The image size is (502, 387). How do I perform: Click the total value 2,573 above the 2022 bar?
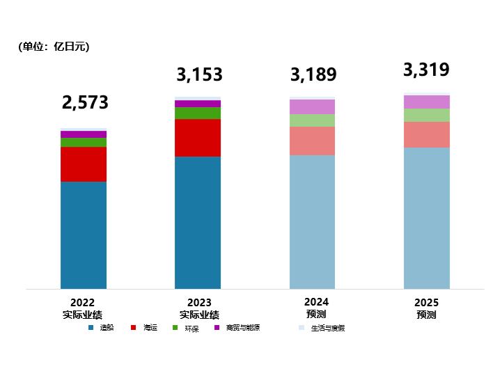point(85,103)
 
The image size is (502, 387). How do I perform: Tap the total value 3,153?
point(199,75)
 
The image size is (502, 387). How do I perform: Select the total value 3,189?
point(313,75)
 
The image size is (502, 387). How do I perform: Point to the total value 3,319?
point(426,70)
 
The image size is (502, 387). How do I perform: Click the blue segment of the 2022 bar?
point(84,235)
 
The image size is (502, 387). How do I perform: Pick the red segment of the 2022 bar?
point(84,164)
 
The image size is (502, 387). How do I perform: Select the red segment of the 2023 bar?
point(198,138)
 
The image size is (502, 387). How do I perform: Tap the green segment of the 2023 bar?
point(198,113)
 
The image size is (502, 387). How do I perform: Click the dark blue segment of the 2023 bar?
point(198,223)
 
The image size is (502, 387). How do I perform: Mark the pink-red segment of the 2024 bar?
point(312,141)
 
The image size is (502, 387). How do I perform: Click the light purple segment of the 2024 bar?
point(312,106)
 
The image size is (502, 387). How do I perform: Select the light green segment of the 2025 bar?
point(426,115)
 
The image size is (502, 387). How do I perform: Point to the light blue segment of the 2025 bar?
point(426,218)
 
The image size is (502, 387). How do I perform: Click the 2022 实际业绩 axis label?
point(82,309)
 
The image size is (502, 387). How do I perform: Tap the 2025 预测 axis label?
point(426,308)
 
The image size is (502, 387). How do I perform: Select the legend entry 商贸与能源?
point(242,328)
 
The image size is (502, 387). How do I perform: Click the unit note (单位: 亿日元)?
point(54,47)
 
